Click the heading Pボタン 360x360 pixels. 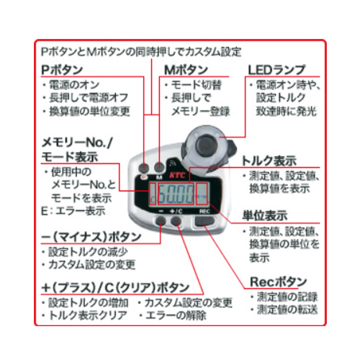click(x=62, y=70)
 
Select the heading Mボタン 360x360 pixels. click(x=186, y=70)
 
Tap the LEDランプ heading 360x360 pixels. click(x=276, y=70)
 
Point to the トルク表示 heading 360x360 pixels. click(x=269, y=161)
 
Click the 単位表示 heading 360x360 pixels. click(x=265, y=215)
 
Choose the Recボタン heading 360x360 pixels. click(x=279, y=282)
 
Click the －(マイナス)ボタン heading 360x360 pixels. click(x=91, y=237)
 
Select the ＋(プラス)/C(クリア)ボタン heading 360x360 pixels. click(x=115, y=287)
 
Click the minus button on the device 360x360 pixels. click(x=161, y=221)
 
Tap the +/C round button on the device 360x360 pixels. click(x=176, y=221)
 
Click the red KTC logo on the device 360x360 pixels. click(x=177, y=175)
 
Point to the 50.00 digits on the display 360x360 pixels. click(x=176, y=194)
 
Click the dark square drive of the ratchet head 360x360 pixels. click(x=207, y=145)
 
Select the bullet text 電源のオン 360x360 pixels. click(x=74, y=85)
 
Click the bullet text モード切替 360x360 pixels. click(x=196, y=85)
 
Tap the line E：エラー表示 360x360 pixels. click(x=73, y=211)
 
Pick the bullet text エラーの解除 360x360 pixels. click(x=176, y=315)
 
